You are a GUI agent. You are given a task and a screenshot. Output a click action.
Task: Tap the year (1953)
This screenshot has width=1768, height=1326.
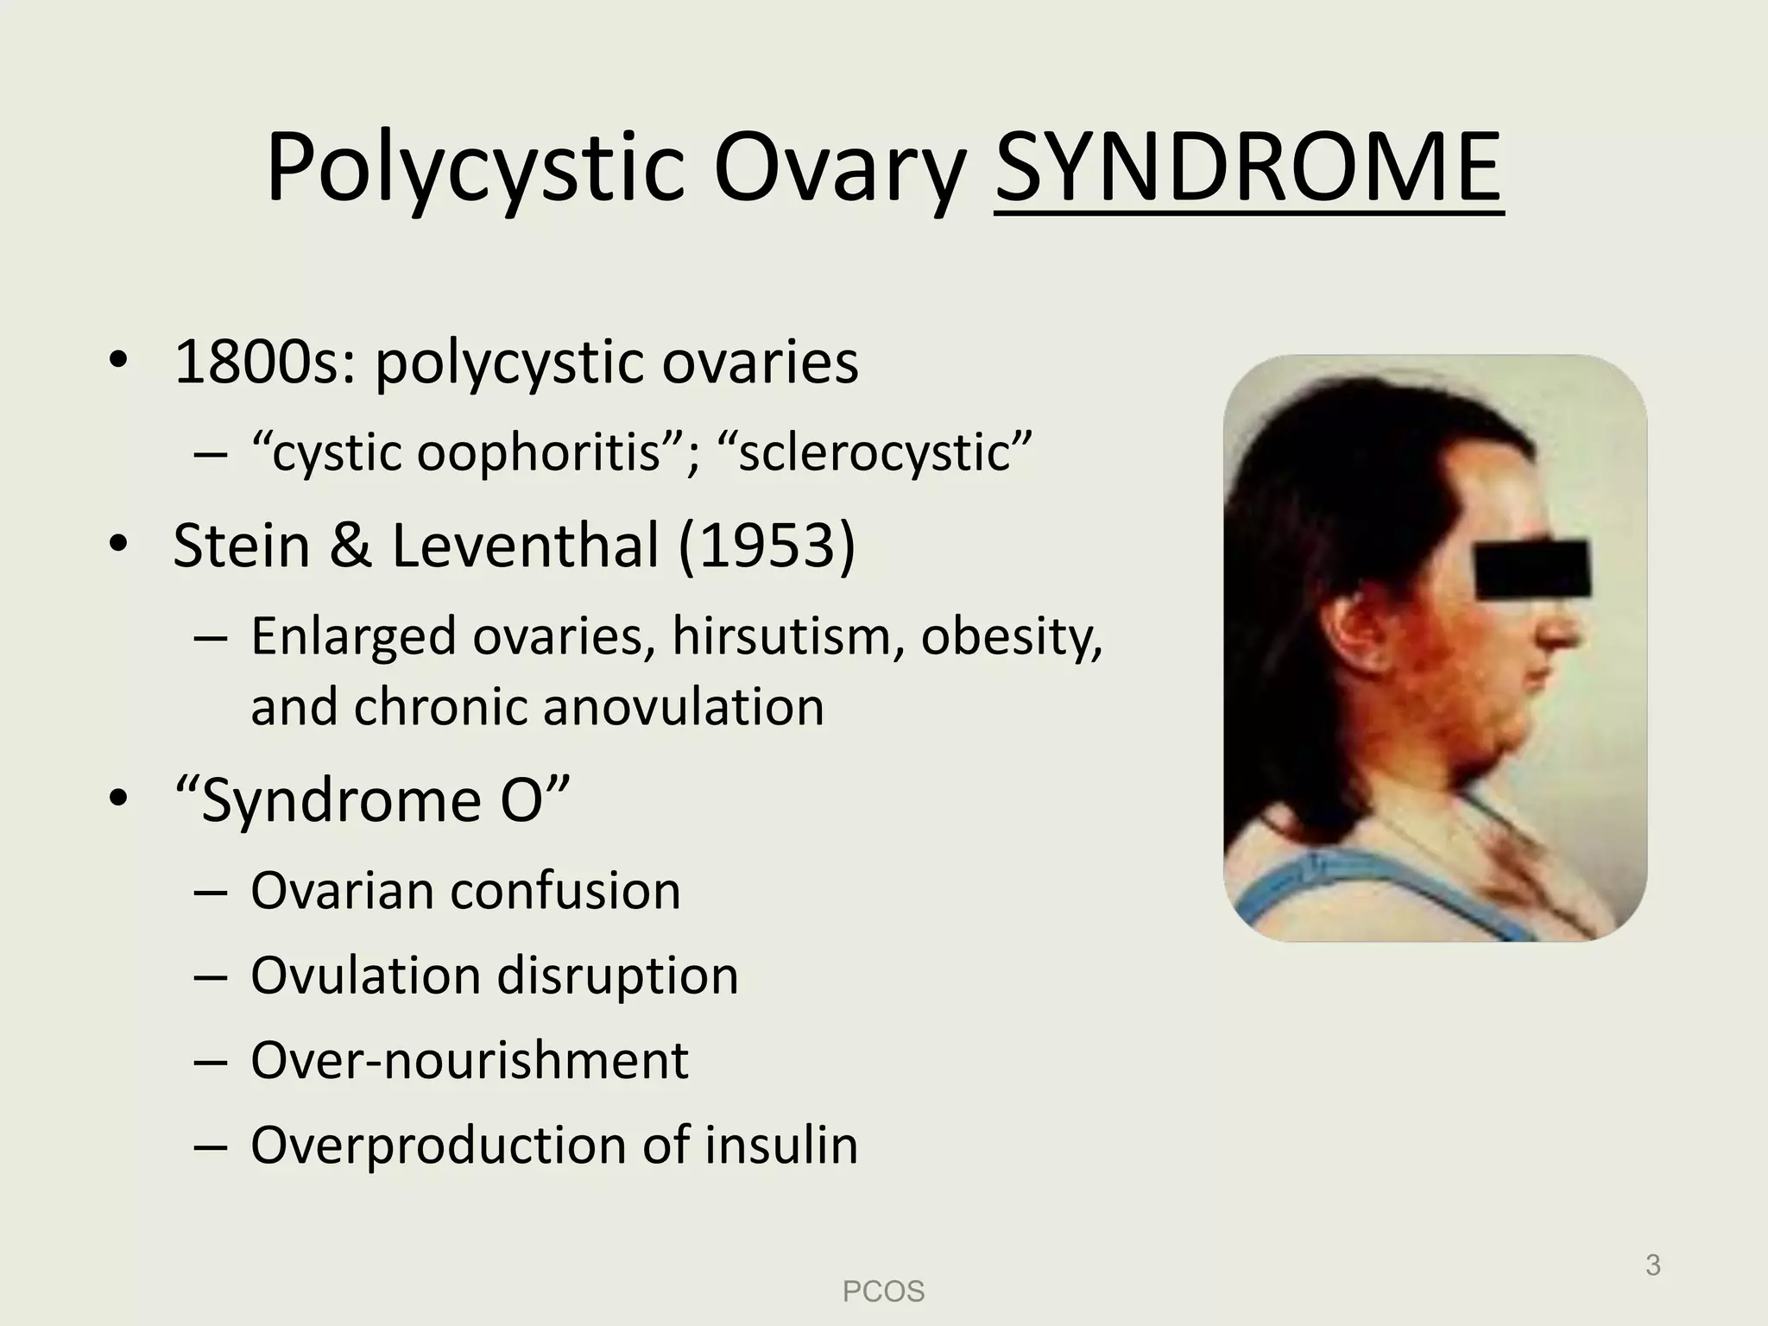click(767, 546)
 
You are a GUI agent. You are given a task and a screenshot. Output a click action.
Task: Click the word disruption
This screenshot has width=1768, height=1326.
click(617, 976)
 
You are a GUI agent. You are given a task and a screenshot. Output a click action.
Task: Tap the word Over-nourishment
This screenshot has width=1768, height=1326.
click(470, 1060)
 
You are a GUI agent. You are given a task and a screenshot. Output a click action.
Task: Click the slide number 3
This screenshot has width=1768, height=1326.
click(1652, 1266)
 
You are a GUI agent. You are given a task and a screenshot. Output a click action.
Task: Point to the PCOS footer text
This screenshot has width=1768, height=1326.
click(883, 1291)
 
